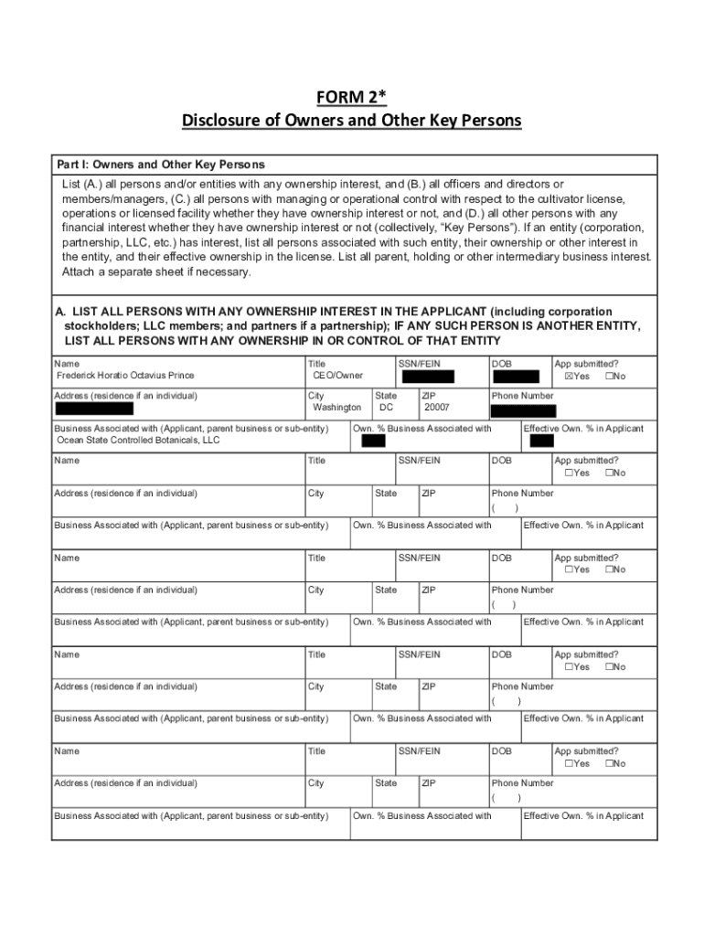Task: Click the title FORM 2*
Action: pyautogui.click(x=351, y=99)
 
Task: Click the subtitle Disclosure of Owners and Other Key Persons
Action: pyautogui.click(x=351, y=121)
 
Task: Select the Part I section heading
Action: pyautogui.click(x=160, y=165)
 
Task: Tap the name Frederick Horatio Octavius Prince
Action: pyautogui.click(x=125, y=376)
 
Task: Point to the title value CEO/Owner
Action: pyautogui.click(x=337, y=376)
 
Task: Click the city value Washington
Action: pyautogui.click(x=336, y=408)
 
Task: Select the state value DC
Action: pyautogui.click(x=386, y=408)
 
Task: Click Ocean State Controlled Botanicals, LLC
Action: pyautogui.click(x=138, y=440)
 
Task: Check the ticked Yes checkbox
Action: pyautogui.click(x=569, y=376)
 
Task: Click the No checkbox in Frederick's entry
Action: pyautogui.click(x=609, y=376)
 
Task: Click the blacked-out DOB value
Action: pyautogui.click(x=516, y=376)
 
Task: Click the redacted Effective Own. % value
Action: pyautogui.click(x=541, y=441)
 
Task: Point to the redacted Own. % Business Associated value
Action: pyautogui.click(x=372, y=441)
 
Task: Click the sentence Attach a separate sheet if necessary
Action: pyautogui.click(x=156, y=272)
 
